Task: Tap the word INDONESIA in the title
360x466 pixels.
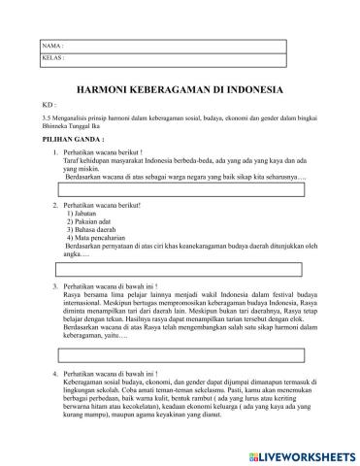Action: click(250, 89)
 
